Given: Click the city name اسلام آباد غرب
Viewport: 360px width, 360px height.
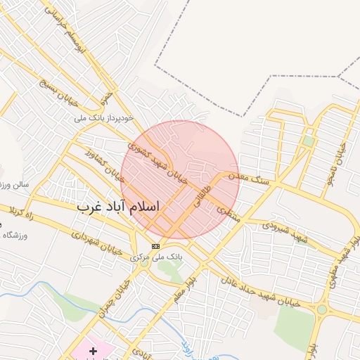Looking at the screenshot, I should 118,207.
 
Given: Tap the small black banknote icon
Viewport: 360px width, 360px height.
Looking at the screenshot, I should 155,246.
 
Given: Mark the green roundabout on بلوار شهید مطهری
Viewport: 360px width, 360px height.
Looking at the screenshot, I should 322,309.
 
